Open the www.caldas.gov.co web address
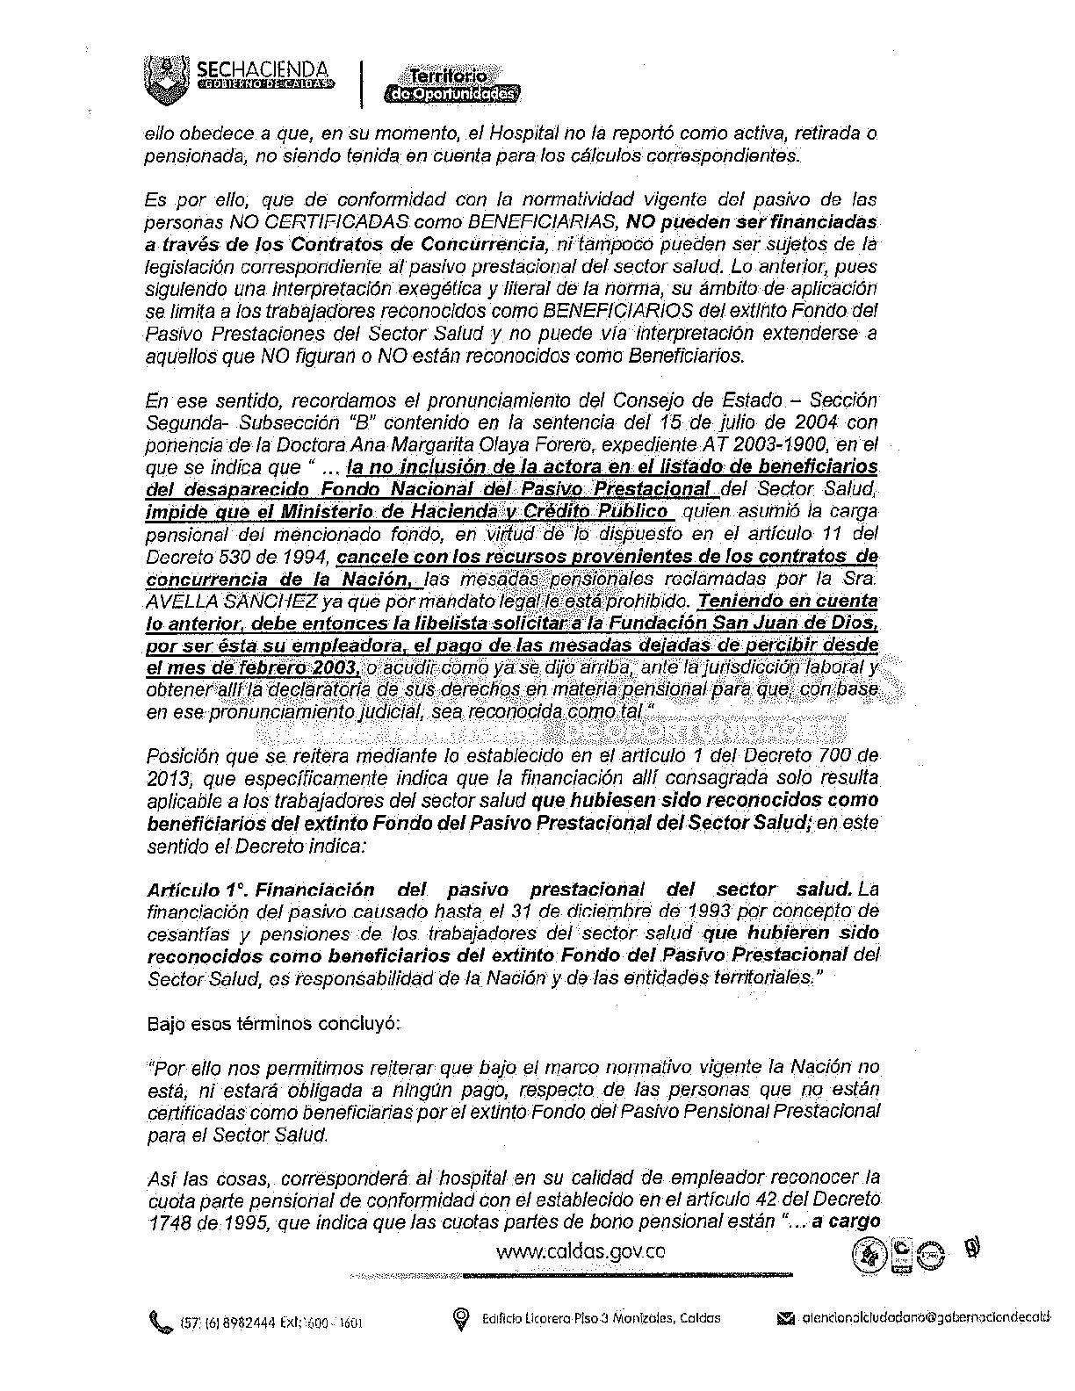581,1250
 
